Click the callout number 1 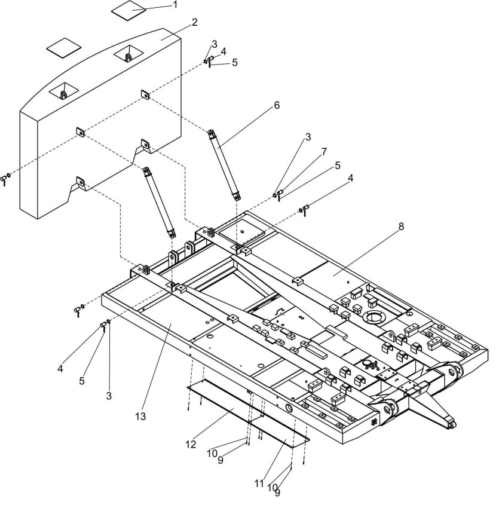coord(175,5)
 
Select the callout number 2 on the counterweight coord(194,22)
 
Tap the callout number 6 coord(277,105)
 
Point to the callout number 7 coord(324,151)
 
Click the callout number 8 coord(401,227)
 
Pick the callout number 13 coord(140,417)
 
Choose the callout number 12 coord(191,445)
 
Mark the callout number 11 coord(259,483)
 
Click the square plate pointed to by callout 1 coord(129,10)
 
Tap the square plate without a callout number coord(64,48)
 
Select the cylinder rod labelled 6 coord(225,164)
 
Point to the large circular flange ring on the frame coord(373,317)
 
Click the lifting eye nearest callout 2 coord(128,57)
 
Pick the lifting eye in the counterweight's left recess coord(64,94)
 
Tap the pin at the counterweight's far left coord(5,179)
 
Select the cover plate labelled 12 coord(225,400)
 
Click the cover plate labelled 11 coord(279,431)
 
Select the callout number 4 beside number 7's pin coord(351,177)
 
